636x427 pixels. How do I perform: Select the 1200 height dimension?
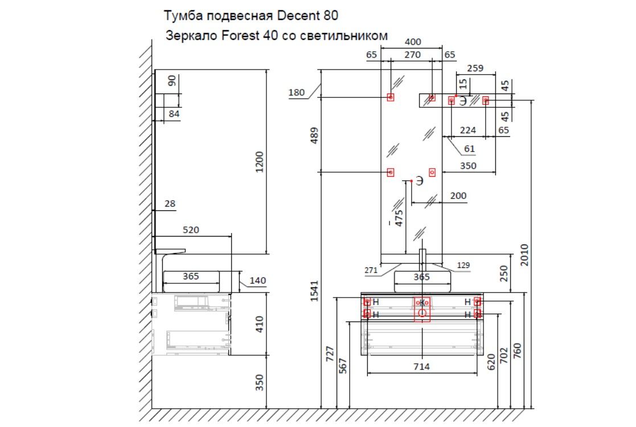pyautogui.click(x=260, y=162)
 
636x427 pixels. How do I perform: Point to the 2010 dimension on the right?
pyautogui.click(x=524, y=255)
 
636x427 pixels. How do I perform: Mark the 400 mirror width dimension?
pyautogui.click(x=412, y=42)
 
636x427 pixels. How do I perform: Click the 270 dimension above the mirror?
pyautogui.click(x=412, y=55)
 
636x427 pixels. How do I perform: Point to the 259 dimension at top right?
pyautogui.click(x=474, y=68)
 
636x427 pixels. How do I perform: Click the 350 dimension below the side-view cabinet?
pyautogui.click(x=260, y=383)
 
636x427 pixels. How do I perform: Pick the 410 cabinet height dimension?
pyautogui.click(x=260, y=323)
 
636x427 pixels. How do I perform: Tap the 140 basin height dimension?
pyautogui.click(x=257, y=280)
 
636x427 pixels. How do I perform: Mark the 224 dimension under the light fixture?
pyautogui.click(x=467, y=131)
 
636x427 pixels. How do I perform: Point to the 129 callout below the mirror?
pyautogui.click(x=463, y=266)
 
